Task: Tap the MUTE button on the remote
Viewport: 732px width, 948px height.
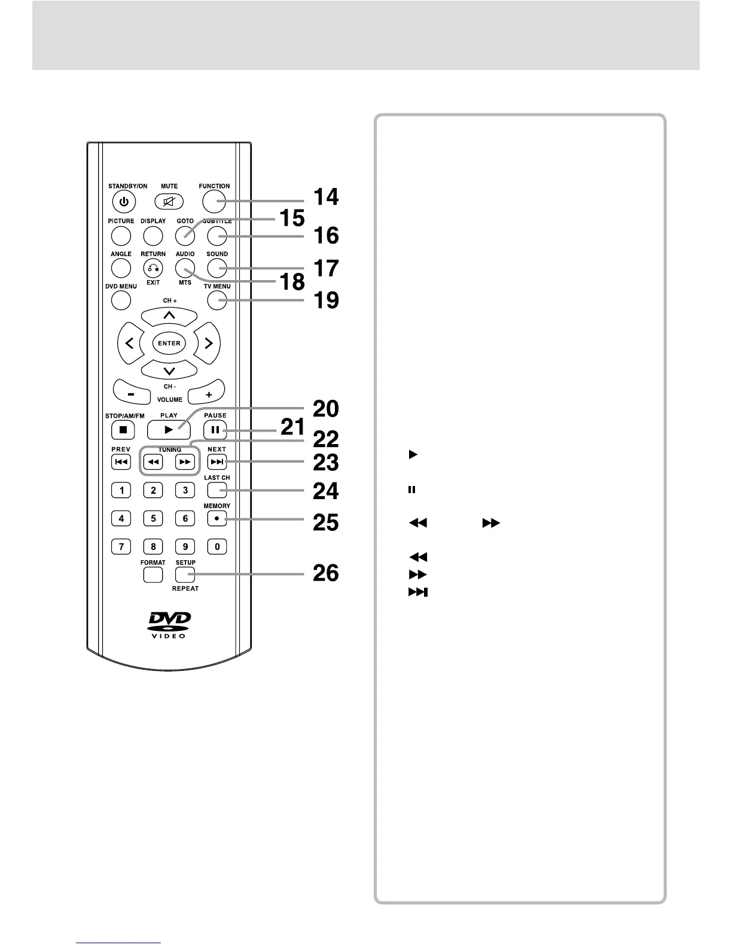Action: tap(169, 202)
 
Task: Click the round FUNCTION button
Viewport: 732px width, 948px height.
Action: tap(213, 202)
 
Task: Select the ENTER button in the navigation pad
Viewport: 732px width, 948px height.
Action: tap(169, 343)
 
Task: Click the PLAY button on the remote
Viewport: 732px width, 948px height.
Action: tap(169, 429)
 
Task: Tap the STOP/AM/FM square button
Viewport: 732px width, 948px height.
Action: tap(123, 429)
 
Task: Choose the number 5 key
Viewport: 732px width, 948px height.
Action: tap(153, 518)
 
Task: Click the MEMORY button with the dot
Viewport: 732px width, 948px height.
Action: tap(216, 518)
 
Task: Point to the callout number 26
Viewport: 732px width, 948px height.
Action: tap(326, 573)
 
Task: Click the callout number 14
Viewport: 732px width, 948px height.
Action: tap(326, 196)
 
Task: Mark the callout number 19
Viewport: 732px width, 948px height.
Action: tap(326, 300)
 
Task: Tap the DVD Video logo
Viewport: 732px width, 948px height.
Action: tap(169, 624)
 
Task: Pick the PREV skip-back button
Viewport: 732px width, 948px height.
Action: tap(121, 462)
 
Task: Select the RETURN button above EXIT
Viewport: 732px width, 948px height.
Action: tap(153, 268)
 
